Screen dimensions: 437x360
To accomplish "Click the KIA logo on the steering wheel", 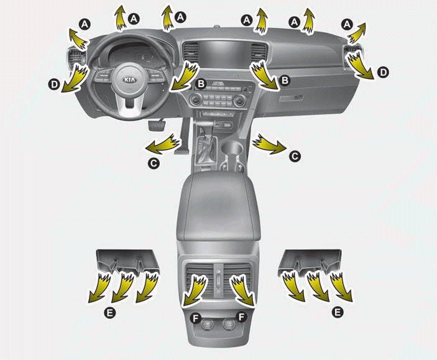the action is tap(130, 80).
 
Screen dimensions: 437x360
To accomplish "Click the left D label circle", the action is tap(54, 85).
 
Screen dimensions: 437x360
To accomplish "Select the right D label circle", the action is tap(383, 73).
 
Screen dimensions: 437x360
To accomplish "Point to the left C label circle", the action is tap(154, 163).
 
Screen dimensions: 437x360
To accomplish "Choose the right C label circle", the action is tap(295, 156).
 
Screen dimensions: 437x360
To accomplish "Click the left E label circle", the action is tap(110, 313).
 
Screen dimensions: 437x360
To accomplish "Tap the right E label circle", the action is tap(337, 312).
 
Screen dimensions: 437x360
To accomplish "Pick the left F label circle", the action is tap(196, 317).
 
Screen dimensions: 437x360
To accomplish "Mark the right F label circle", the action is tap(241, 316).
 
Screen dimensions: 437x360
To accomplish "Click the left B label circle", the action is tap(201, 83).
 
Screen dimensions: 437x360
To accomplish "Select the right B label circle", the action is tap(285, 80).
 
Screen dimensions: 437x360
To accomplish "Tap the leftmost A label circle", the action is tap(85, 24).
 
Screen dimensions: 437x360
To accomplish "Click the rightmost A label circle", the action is tap(347, 24).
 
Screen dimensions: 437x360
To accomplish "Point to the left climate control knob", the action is tap(195, 99).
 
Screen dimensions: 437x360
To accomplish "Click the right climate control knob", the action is tap(239, 100).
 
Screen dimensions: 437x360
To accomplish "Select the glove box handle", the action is tap(292, 98).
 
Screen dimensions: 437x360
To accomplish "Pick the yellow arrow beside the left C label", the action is tap(162, 144).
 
